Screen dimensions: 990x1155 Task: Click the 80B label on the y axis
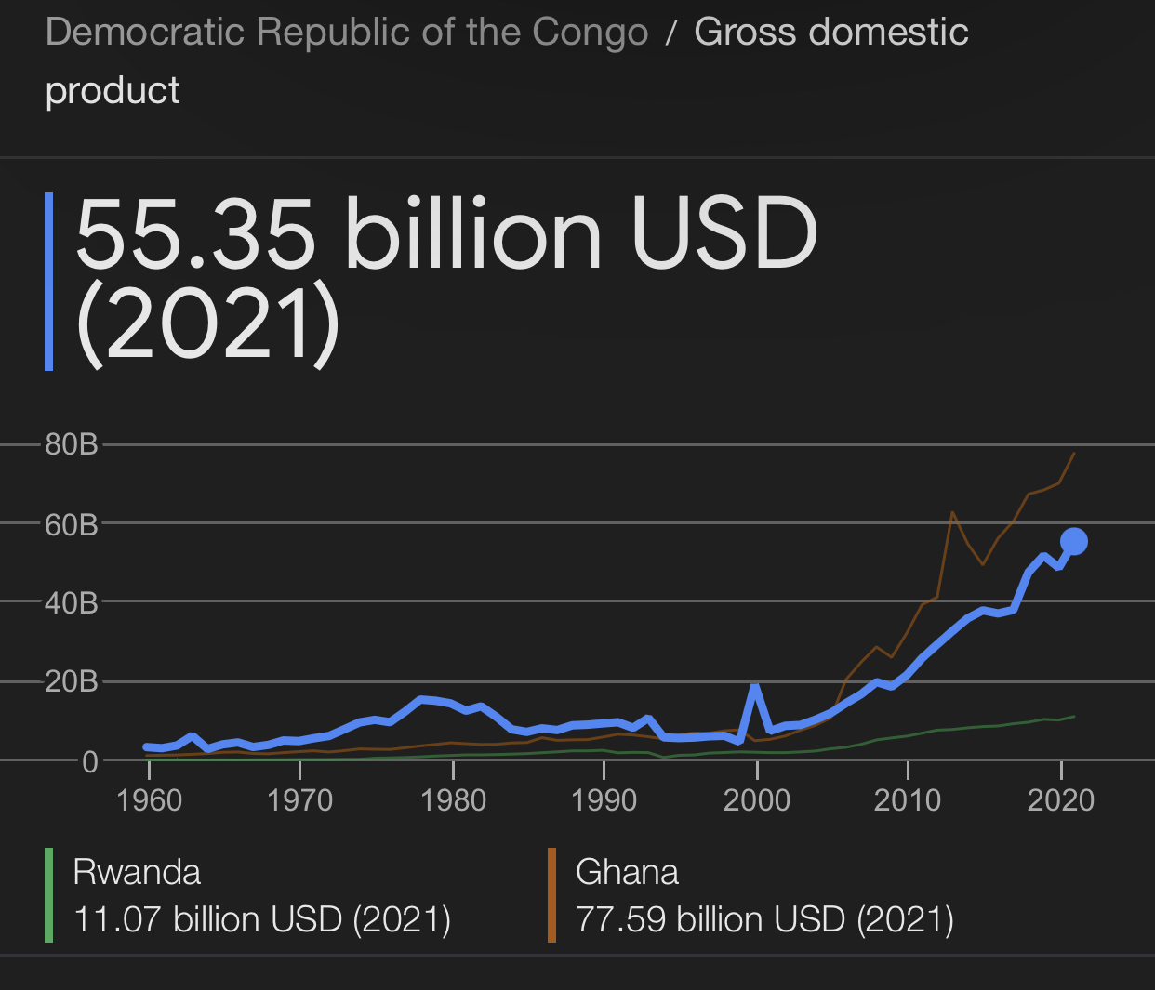(72, 444)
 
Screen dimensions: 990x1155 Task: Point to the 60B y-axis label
(72, 524)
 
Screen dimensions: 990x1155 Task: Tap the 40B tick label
(72, 603)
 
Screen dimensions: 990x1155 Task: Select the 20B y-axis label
(72, 682)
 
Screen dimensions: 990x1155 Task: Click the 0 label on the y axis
(89, 761)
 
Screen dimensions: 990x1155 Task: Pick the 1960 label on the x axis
(149, 800)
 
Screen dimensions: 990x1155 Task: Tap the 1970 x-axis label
(299, 800)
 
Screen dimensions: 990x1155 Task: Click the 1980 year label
(453, 800)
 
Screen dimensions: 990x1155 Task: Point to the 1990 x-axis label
(604, 800)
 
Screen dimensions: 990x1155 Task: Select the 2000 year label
(757, 800)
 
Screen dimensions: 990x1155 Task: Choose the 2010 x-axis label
(908, 800)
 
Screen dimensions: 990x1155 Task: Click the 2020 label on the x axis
(1060, 800)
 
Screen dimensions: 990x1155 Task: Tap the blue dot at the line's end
(1074, 541)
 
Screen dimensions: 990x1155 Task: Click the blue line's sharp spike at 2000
(755, 687)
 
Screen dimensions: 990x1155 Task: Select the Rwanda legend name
(137, 872)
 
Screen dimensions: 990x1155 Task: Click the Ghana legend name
(627, 872)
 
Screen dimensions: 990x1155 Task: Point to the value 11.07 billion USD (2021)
(261, 919)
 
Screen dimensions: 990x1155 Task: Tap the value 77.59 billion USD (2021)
(764, 919)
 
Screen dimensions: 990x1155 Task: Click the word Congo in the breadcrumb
(590, 33)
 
